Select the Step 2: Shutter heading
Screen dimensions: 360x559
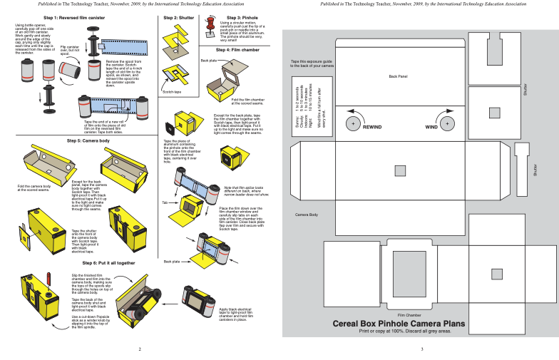point(178,17)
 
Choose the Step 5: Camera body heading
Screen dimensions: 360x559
point(88,141)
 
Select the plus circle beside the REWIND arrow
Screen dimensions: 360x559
point(352,123)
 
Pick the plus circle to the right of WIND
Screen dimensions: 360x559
point(447,123)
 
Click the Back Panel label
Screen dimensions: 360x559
point(398,76)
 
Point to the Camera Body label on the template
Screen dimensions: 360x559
point(307,215)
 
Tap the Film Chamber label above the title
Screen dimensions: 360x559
point(409,314)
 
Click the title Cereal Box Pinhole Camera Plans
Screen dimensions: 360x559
point(399,324)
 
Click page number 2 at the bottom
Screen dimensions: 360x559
point(140,349)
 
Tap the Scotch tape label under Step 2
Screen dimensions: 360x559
point(171,92)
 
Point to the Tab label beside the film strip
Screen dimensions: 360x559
point(165,202)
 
